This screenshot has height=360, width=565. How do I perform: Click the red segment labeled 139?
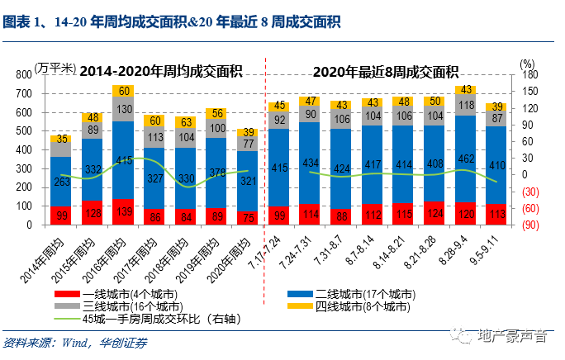(x=123, y=212)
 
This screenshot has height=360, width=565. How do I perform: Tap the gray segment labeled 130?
(x=123, y=109)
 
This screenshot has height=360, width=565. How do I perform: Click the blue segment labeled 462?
(x=466, y=159)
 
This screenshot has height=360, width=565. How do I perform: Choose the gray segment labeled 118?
(x=466, y=105)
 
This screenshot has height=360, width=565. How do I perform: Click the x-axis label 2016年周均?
(x=112, y=248)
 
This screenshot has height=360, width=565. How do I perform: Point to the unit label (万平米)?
(x=55, y=67)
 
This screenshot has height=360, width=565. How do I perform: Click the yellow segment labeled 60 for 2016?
(x=123, y=90)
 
